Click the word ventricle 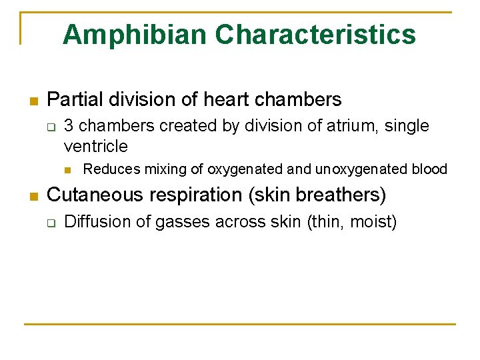click(95, 146)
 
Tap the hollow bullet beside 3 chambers click(50, 127)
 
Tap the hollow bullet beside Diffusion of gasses click(50, 223)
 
